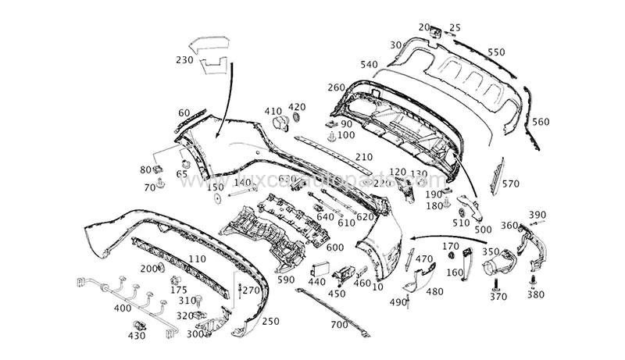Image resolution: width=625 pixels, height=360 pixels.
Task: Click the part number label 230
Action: tap(184, 60)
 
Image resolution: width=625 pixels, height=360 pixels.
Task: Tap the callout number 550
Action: tap(495, 52)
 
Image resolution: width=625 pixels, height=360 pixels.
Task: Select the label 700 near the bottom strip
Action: tap(339, 324)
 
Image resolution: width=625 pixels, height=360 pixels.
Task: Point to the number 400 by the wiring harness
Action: tap(122, 308)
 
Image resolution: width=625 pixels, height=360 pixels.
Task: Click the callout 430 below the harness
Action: tap(136, 336)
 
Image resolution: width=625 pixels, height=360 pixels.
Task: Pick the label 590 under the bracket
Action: tap(286, 279)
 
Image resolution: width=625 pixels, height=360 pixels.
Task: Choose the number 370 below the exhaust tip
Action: tap(498, 297)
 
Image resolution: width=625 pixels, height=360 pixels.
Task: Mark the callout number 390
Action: tap(537, 215)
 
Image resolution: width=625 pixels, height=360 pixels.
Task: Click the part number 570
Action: tap(510, 184)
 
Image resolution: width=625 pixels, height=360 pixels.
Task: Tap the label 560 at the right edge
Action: tap(541, 122)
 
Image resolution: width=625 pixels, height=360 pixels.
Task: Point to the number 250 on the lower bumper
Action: tap(270, 321)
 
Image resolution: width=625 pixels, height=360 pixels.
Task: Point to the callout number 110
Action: tap(197, 258)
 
